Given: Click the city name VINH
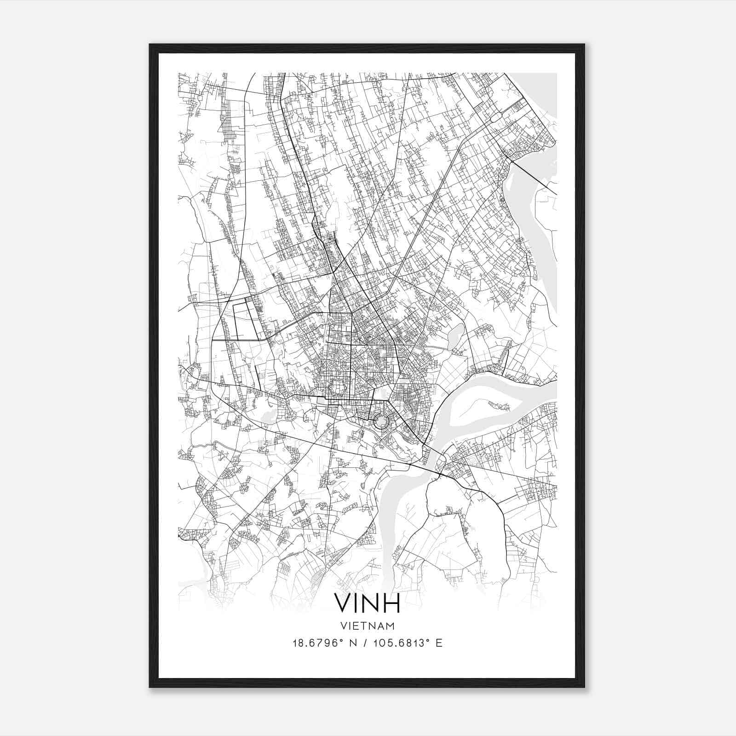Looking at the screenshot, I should coord(367,603).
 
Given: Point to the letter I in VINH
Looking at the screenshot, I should coord(356,603).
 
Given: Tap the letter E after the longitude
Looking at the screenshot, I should coord(439,643).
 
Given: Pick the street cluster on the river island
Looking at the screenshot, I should coord(500,406).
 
